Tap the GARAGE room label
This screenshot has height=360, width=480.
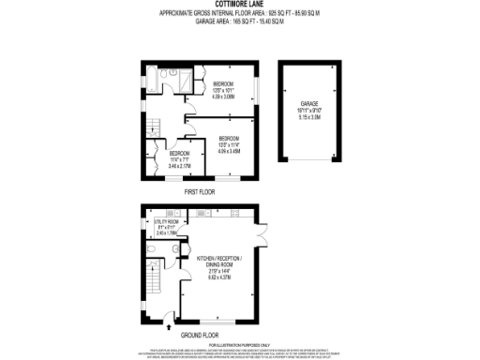309,103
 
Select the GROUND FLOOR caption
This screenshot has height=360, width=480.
200,334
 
